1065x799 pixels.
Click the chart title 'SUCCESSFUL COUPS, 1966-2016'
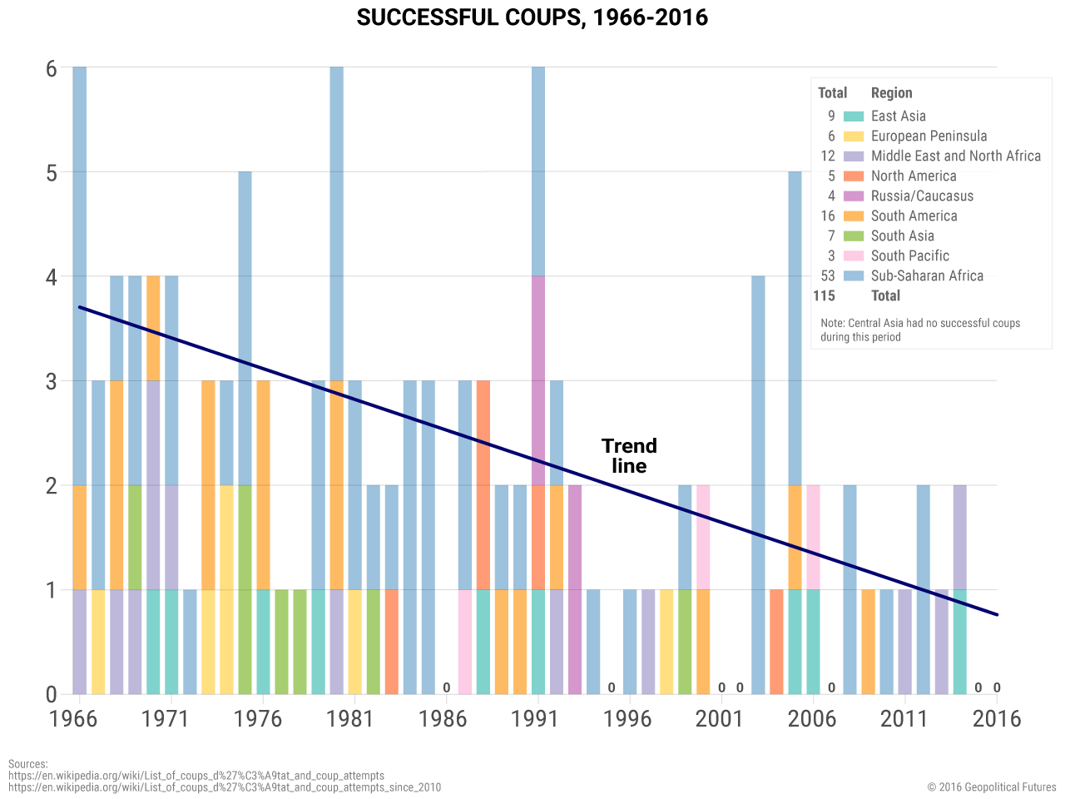532,17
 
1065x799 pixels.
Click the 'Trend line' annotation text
629,456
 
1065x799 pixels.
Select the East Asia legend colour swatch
854,117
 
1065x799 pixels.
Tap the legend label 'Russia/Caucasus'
922,196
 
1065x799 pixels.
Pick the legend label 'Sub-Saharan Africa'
927,276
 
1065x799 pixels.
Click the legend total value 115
824,296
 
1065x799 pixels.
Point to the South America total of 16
828,216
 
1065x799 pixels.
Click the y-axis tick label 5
52,173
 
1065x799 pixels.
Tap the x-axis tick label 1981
349,719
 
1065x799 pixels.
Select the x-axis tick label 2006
811,719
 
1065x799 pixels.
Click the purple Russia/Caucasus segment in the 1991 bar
538,380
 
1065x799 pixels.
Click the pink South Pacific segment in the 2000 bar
703,537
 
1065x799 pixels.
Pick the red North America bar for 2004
776,642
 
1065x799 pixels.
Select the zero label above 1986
447,687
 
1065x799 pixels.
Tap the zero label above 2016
997,687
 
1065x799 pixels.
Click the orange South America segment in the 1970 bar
153,328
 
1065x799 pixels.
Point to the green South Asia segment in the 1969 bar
135,537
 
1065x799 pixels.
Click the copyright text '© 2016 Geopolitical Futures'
992,787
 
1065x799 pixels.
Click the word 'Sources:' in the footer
28,764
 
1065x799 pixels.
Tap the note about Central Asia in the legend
920,330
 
